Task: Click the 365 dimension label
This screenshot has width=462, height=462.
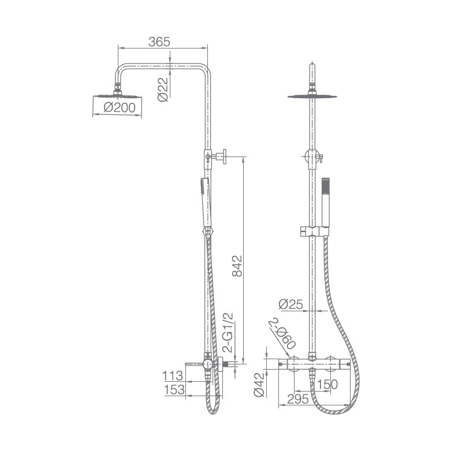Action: click(x=159, y=42)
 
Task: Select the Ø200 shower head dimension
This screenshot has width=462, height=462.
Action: click(x=120, y=107)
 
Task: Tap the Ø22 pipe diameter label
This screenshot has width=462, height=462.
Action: click(x=163, y=90)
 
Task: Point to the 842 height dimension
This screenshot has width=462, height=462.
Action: click(x=237, y=266)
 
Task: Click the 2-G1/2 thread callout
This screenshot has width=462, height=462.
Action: click(x=228, y=333)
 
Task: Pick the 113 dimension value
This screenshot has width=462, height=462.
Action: click(x=173, y=376)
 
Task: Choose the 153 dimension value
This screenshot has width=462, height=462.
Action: click(x=174, y=389)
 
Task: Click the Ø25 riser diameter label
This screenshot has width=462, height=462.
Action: click(x=291, y=304)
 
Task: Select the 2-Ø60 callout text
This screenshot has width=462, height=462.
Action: click(x=282, y=333)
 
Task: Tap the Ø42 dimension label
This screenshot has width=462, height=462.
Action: click(x=259, y=385)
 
